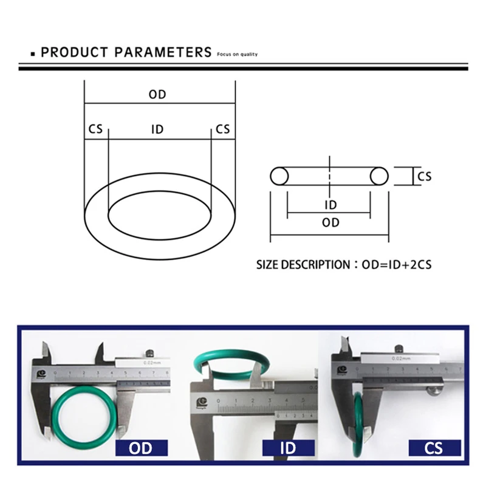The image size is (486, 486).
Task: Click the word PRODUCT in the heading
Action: [x=74, y=52]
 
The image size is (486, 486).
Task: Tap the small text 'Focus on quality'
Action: [x=237, y=55]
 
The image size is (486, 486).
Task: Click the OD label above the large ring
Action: [x=157, y=95]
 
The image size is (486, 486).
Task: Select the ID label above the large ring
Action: [x=157, y=129]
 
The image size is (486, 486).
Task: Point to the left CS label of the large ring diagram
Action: [x=95, y=129]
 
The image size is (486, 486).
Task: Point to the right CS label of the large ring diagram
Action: [x=223, y=129]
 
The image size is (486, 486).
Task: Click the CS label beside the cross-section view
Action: [x=425, y=176]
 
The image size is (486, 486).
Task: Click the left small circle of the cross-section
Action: [x=279, y=176]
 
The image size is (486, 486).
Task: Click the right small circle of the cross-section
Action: [x=379, y=176]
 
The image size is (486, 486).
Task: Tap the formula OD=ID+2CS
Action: [x=395, y=265]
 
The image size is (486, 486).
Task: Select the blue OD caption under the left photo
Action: [x=140, y=449]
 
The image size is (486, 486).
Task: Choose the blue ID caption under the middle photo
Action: [x=287, y=449]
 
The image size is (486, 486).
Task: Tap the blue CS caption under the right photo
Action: [x=434, y=449]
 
